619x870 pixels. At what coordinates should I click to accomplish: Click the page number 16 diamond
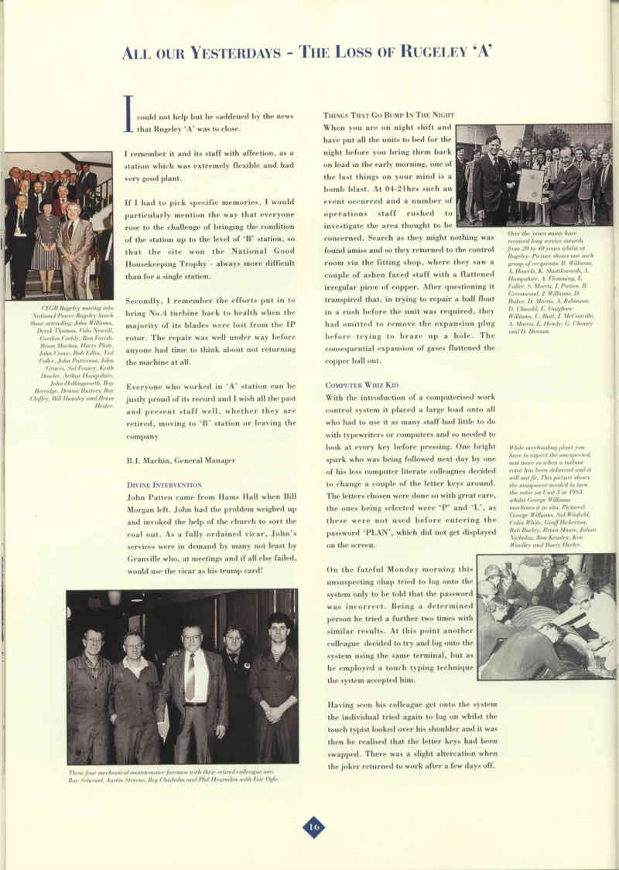tap(313, 827)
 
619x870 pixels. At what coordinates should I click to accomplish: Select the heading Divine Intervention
tap(165, 484)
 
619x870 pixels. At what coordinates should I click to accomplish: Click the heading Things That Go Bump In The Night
tap(388, 115)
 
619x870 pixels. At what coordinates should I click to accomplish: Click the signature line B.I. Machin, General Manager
tap(181, 460)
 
